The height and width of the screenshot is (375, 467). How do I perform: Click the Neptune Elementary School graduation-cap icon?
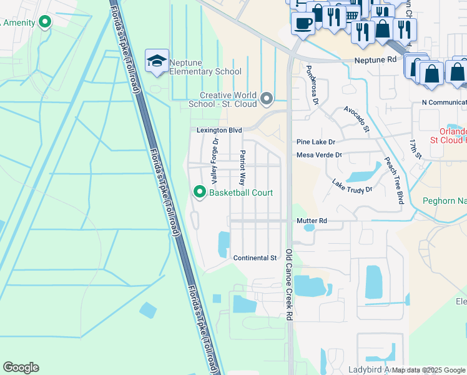coord(156,61)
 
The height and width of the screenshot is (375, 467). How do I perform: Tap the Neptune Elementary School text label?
coord(205,72)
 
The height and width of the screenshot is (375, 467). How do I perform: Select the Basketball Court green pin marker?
coord(200,192)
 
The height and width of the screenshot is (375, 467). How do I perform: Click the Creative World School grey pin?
coord(267,98)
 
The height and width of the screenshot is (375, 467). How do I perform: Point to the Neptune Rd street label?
coord(376,61)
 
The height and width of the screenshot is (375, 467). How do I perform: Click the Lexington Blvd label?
coord(219,130)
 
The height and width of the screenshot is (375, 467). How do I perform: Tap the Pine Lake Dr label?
coord(316,142)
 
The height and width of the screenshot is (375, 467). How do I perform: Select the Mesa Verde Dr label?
coord(319,155)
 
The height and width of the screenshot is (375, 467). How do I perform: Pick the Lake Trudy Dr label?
coord(351,186)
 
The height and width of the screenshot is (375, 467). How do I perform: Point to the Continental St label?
coord(255,258)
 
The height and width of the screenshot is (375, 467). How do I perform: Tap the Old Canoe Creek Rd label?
coord(289,285)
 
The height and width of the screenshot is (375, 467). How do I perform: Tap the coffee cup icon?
coord(303,24)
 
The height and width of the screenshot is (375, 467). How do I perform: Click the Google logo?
coord(21,367)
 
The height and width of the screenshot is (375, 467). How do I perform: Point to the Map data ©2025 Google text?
coord(428,370)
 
